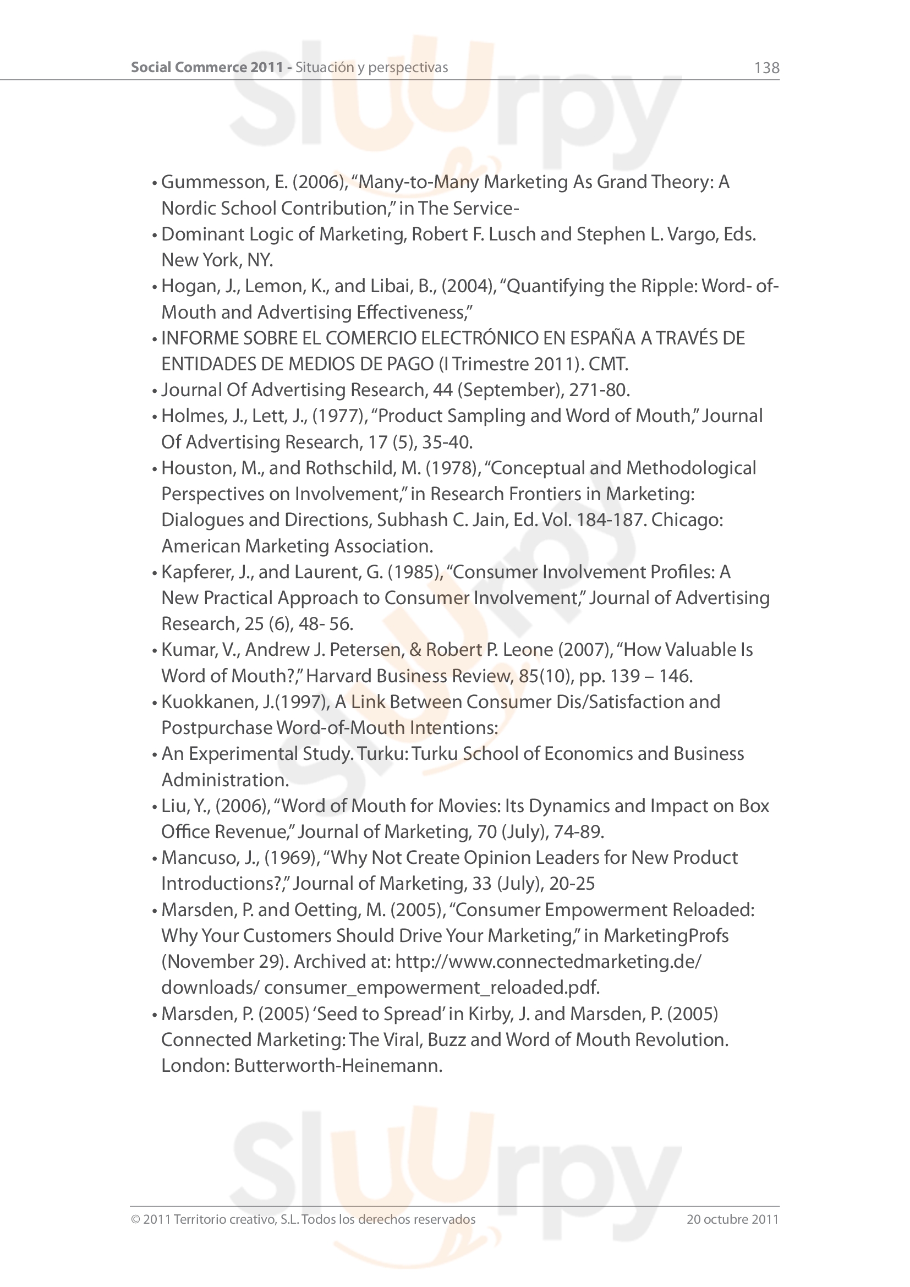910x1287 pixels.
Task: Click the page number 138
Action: pos(766,68)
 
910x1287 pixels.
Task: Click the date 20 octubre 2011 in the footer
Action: pos(732,1219)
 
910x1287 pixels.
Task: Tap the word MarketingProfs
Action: pos(666,936)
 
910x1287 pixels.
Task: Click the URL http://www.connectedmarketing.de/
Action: pos(548,962)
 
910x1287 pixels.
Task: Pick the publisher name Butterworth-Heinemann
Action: pos(338,1066)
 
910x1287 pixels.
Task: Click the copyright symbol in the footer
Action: pos(135,1219)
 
